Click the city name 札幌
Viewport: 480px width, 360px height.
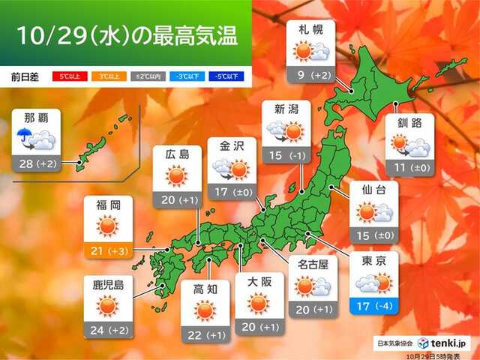(312, 31)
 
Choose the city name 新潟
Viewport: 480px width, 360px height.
(283, 110)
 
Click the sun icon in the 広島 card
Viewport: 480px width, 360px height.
(176, 177)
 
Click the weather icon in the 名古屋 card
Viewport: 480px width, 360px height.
(311, 286)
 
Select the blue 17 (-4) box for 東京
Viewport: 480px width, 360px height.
(373, 307)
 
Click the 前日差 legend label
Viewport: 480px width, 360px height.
(26, 77)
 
